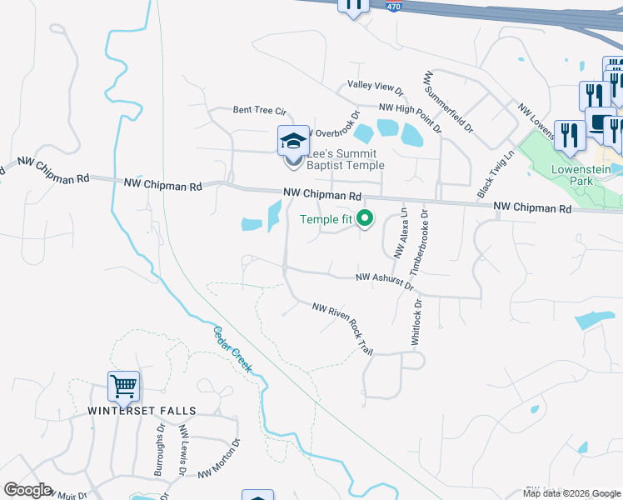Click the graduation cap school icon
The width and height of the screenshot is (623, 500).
tap(293, 139)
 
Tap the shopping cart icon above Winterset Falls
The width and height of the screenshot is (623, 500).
tap(123, 386)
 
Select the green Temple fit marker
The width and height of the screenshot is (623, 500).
tap(364, 219)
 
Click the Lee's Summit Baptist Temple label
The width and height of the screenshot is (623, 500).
tap(346, 160)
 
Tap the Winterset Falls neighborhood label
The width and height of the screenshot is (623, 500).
tap(142, 411)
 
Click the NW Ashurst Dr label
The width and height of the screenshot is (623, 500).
tap(385, 280)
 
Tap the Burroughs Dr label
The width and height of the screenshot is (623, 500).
tap(159, 449)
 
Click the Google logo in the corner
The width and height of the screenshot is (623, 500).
tap(27, 490)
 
